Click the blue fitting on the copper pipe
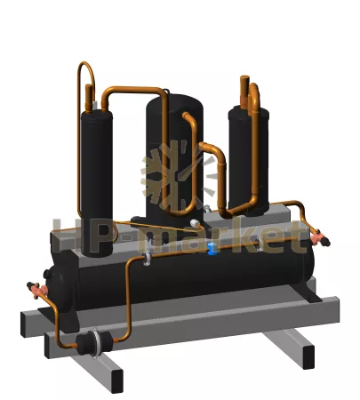tap(212, 248)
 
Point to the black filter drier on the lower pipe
tap(95, 343)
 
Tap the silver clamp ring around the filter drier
tap(95, 344)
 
